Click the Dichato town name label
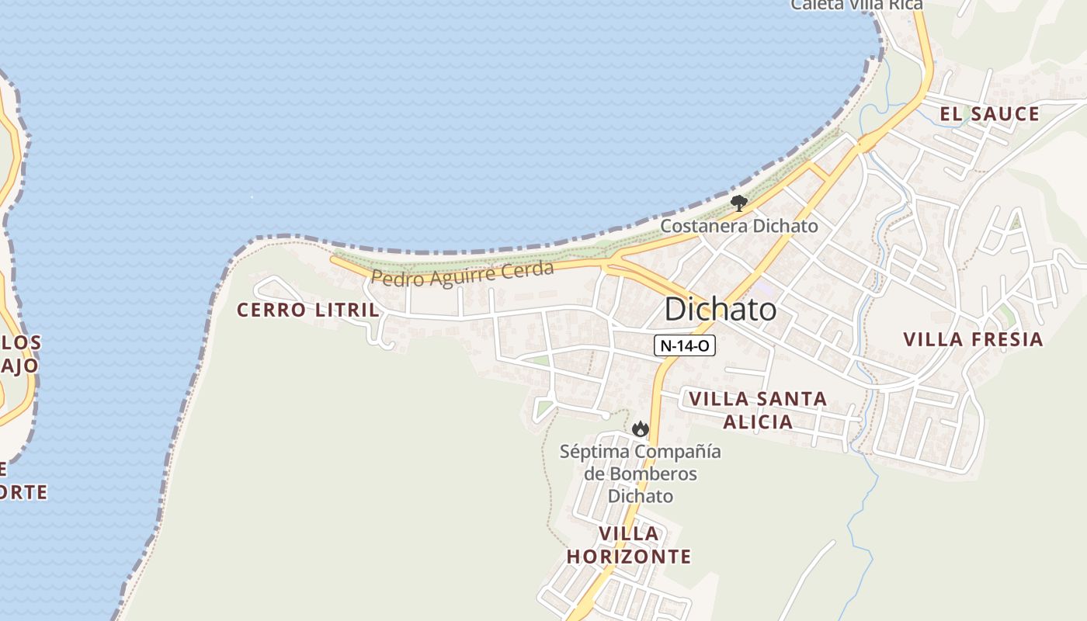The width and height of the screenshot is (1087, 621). tap(720, 310)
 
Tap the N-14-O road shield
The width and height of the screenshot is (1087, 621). tap(684, 346)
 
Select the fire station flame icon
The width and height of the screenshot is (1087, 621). tap(640, 428)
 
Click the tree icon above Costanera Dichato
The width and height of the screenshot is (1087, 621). tap(738, 204)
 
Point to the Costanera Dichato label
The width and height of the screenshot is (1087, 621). tap(738, 226)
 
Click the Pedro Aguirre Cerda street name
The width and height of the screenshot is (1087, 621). tap(462, 274)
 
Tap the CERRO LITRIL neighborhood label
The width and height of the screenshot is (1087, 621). tap(307, 310)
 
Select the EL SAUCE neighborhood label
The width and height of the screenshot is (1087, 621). tap(989, 114)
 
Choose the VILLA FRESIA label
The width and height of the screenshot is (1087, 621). tap(973, 339)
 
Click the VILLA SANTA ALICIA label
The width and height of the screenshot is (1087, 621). tap(758, 410)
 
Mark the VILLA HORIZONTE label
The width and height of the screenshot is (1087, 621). tap(629, 545)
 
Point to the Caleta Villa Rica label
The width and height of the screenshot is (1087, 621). tap(856, 5)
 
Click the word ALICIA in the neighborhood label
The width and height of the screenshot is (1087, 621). tap(758, 422)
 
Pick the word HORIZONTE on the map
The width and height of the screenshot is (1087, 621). tap(629, 557)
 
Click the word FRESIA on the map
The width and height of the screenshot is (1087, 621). tap(1007, 339)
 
